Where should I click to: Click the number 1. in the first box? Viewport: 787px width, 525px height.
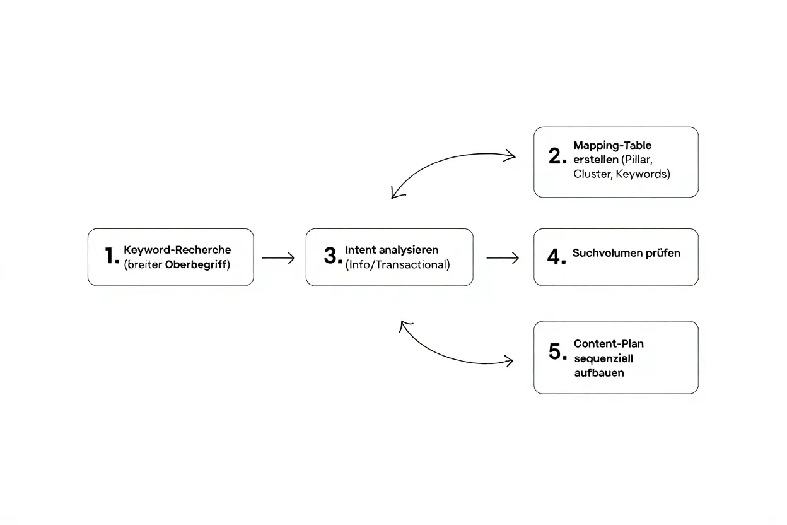click(x=112, y=256)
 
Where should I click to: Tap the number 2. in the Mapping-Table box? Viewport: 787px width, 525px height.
click(x=557, y=156)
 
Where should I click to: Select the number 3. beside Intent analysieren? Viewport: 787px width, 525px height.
click(x=333, y=256)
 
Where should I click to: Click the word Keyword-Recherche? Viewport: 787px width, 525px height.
click(x=177, y=250)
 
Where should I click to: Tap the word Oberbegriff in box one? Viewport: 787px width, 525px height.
click(x=195, y=265)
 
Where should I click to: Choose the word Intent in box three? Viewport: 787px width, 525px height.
click(x=360, y=250)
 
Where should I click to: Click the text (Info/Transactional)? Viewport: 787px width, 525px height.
click(x=398, y=265)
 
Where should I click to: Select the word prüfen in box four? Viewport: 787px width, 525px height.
click(x=663, y=253)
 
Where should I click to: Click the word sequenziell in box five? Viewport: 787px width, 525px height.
click(x=603, y=358)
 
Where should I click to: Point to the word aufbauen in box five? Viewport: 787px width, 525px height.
click(x=598, y=373)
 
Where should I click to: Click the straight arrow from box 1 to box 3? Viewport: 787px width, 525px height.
click(x=278, y=257)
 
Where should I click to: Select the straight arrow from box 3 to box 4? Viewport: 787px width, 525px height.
click(x=503, y=257)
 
